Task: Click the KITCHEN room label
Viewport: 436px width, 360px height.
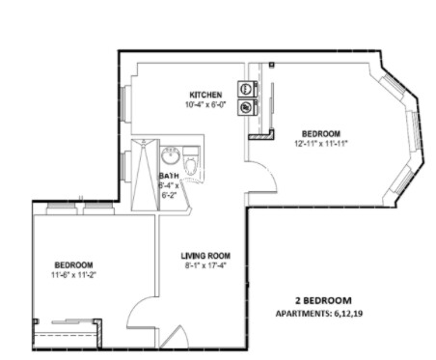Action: (205, 95)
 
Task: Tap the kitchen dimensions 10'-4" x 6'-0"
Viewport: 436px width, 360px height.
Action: (205, 104)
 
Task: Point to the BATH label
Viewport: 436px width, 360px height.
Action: (170, 176)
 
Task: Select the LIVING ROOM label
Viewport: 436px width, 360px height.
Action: (205, 257)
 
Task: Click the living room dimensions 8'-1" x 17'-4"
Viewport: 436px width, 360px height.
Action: (205, 266)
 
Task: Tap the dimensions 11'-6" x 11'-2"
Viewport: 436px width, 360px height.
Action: (73, 275)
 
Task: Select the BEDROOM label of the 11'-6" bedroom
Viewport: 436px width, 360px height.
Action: (73, 265)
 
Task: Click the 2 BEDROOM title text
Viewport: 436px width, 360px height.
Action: (323, 300)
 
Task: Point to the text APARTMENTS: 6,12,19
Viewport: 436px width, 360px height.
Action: (323, 314)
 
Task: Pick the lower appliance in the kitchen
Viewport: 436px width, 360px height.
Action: (246, 105)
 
